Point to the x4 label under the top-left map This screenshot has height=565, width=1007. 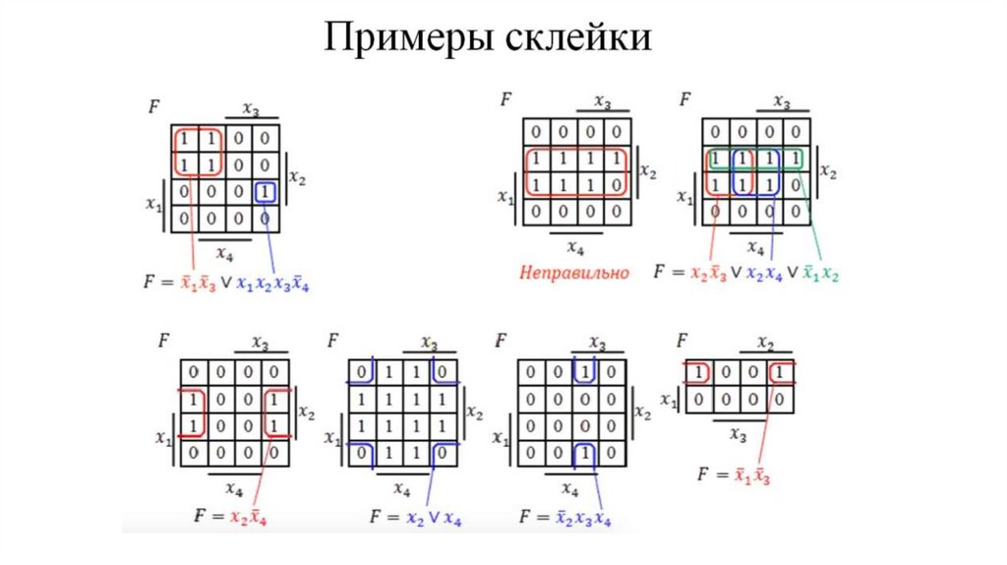(x=224, y=255)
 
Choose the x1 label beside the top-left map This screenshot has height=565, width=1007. (x=151, y=204)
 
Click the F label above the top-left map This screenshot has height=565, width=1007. (x=154, y=105)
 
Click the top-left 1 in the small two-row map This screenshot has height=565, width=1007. (x=698, y=373)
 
